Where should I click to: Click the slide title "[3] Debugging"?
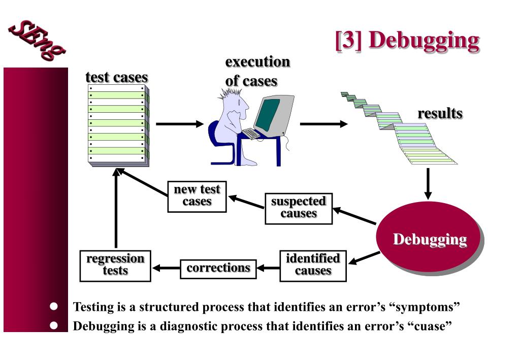point(407,41)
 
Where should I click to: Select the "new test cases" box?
point(197,196)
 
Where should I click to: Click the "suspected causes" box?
point(299,208)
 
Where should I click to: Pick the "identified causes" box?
point(313,265)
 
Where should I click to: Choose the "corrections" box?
point(218,268)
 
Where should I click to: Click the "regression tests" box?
point(115,265)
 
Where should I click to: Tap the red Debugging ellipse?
point(429,238)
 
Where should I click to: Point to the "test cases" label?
point(117,77)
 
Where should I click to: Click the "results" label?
point(440,113)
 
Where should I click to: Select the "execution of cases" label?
point(257,71)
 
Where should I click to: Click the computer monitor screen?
point(267,114)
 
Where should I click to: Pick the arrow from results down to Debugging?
point(428,184)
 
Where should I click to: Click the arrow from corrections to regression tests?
point(166,268)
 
